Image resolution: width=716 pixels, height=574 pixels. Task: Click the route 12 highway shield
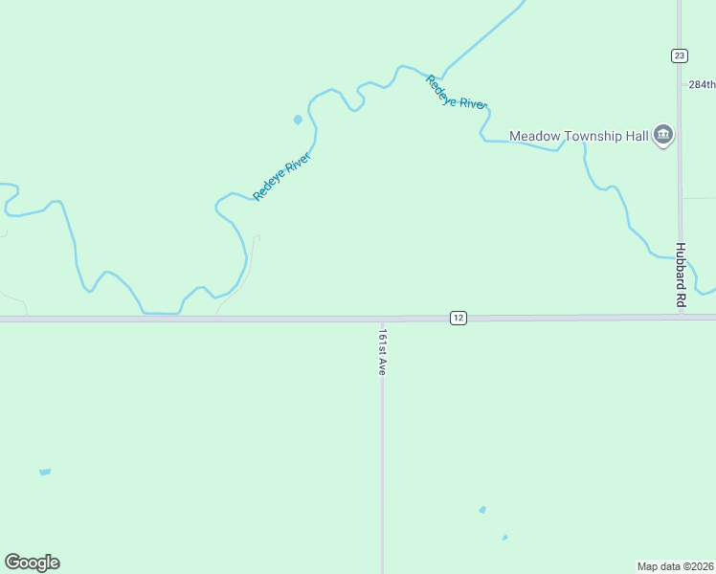(459, 317)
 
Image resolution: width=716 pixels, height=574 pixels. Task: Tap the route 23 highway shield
(679, 55)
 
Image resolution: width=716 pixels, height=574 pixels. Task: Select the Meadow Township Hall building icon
(663, 136)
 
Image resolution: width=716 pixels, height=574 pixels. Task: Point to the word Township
(593, 136)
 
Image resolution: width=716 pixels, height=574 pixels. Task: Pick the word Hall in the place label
(636, 136)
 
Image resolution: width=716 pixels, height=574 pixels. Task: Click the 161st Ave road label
(382, 352)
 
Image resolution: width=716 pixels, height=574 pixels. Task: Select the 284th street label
(702, 84)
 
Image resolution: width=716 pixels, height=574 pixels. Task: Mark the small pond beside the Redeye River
(298, 120)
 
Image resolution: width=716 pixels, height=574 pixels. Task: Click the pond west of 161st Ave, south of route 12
(45, 472)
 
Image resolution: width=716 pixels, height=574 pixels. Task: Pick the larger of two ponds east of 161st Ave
(482, 510)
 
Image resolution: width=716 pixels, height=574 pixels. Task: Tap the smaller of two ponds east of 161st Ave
(504, 538)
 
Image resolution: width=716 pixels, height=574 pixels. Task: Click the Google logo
(32, 563)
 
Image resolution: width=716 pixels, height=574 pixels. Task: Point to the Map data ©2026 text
(676, 565)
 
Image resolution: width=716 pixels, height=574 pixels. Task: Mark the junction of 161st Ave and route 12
(382, 318)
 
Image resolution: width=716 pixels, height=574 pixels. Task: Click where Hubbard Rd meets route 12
(680, 316)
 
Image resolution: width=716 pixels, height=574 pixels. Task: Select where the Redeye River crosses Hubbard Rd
(680, 257)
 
